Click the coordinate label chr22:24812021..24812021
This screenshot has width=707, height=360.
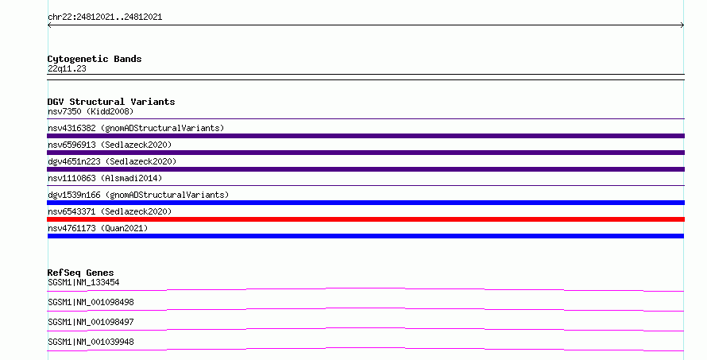click(105, 17)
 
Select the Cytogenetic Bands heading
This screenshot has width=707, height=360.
click(95, 59)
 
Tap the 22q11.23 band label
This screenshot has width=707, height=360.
click(67, 69)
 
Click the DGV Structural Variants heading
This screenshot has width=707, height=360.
click(111, 102)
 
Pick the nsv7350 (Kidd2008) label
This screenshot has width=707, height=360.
click(91, 111)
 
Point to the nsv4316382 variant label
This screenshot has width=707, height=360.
click(136, 128)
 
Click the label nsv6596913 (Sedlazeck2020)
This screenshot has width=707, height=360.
click(110, 145)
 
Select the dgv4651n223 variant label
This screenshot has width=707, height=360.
click(112, 161)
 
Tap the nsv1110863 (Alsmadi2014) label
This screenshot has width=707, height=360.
click(105, 178)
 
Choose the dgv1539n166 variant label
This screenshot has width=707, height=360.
click(138, 195)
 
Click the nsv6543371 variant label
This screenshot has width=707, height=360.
click(110, 211)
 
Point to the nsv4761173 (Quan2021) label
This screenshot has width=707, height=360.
click(98, 228)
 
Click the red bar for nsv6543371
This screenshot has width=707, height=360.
click(365, 219)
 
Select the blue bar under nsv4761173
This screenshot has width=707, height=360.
click(365, 236)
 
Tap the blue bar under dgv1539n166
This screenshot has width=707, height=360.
click(365, 203)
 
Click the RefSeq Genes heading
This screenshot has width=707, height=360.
click(80, 273)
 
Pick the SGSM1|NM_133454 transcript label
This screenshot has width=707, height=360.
click(83, 283)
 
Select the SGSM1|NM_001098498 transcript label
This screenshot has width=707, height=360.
click(91, 302)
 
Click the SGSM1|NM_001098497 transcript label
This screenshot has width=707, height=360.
click(91, 322)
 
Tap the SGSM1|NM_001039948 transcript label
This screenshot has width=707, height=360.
click(91, 342)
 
